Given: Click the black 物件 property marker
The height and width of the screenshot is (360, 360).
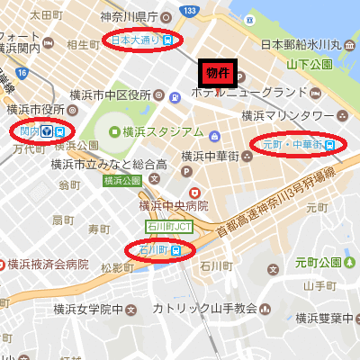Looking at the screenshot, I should (x=216, y=72).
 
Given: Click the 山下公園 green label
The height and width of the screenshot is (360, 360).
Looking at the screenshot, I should (x=310, y=64).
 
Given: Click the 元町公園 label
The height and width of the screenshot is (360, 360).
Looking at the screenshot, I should (x=322, y=262).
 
